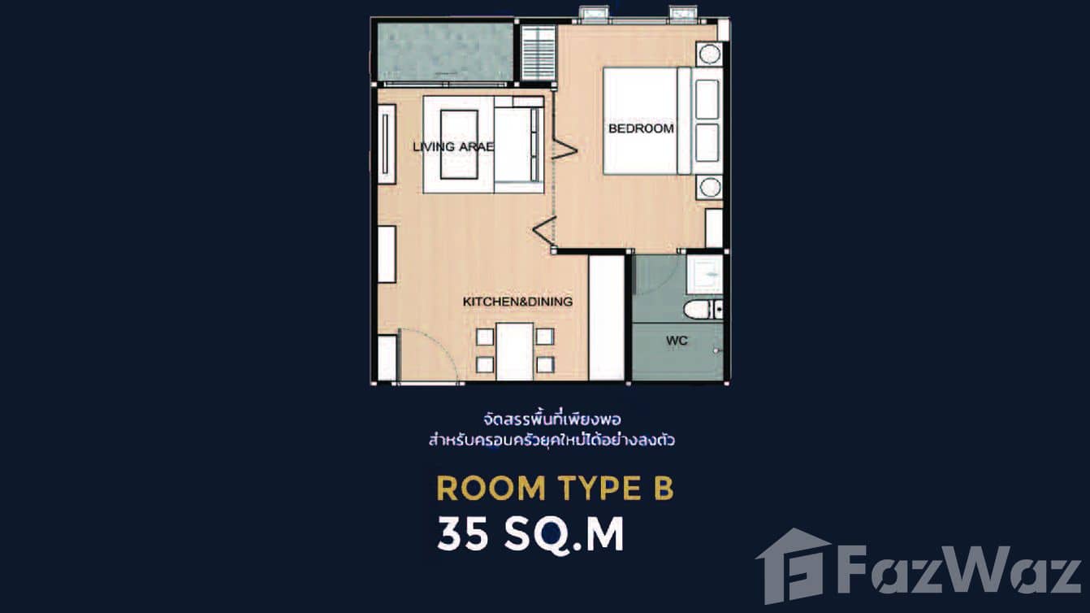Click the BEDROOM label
coord(641,128)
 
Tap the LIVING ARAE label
coord(453,147)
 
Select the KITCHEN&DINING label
coord(517,302)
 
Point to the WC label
coord(677,341)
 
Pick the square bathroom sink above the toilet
coord(704,274)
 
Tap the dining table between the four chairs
coord(514,350)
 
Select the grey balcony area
coord(444,51)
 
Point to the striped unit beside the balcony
coord(538,53)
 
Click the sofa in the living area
coord(519,145)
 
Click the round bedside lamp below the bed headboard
coord(709,187)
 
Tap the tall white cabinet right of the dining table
coord(606,317)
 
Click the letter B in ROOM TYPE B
coord(662,488)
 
